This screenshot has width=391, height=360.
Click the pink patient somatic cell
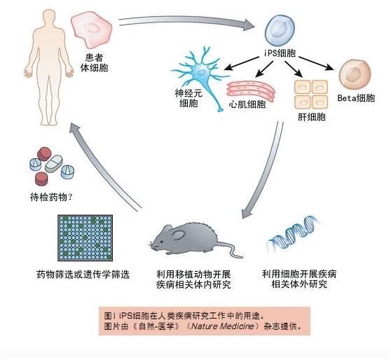tap(92, 30)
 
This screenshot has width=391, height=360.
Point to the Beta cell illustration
tap(355, 74)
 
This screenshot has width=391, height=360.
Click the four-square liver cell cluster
tap(311, 95)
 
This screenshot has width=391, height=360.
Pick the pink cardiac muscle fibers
tap(251, 91)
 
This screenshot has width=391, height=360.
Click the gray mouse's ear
tap(179, 235)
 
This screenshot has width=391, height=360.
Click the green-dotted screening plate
tap(85, 238)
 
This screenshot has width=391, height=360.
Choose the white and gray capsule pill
tap(54, 164)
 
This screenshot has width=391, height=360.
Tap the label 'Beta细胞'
tap(356, 98)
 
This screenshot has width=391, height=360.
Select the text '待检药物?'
tap(51, 198)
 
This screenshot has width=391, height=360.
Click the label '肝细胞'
tap(312, 117)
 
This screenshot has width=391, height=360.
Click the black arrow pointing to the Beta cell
tap(316, 63)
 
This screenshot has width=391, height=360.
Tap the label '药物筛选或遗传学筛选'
tap(83, 275)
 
